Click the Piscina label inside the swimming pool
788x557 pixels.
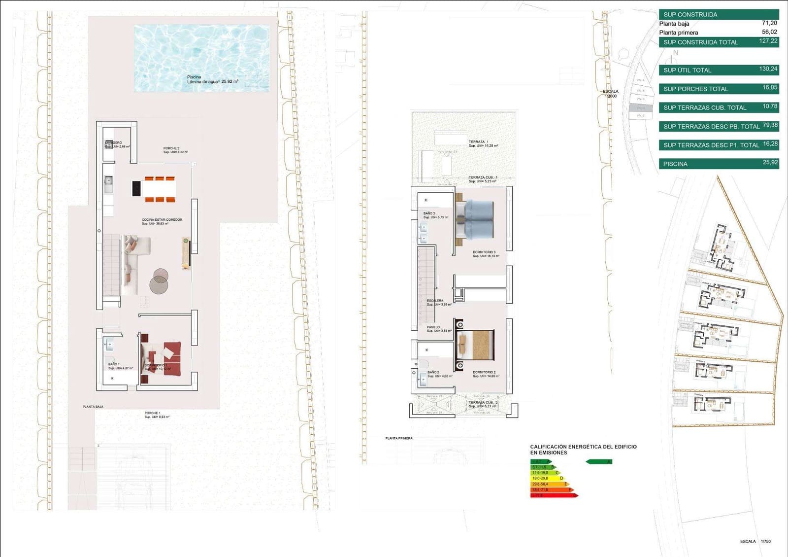click(194, 77)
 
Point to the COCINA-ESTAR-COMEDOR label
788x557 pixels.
click(162, 220)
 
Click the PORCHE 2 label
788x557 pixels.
click(171, 148)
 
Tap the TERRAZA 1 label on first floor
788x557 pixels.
click(479, 142)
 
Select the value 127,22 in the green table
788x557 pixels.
click(768, 41)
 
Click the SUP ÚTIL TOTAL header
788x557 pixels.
click(688, 70)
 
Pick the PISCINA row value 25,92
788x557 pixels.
click(770, 163)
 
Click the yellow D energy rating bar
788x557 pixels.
click(547, 478)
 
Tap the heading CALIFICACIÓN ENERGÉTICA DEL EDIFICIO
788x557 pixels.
click(583, 447)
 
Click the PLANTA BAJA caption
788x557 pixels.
click(93, 407)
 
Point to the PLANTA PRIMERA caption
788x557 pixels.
click(399, 438)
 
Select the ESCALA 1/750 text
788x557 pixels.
click(755, 541)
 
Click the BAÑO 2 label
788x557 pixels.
click(433, 373)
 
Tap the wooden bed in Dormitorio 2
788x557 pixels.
click(476, 345)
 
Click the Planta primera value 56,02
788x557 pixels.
click(769, 32)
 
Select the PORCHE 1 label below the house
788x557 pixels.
click(152, 413)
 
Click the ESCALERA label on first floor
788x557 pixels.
click(435, 301)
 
